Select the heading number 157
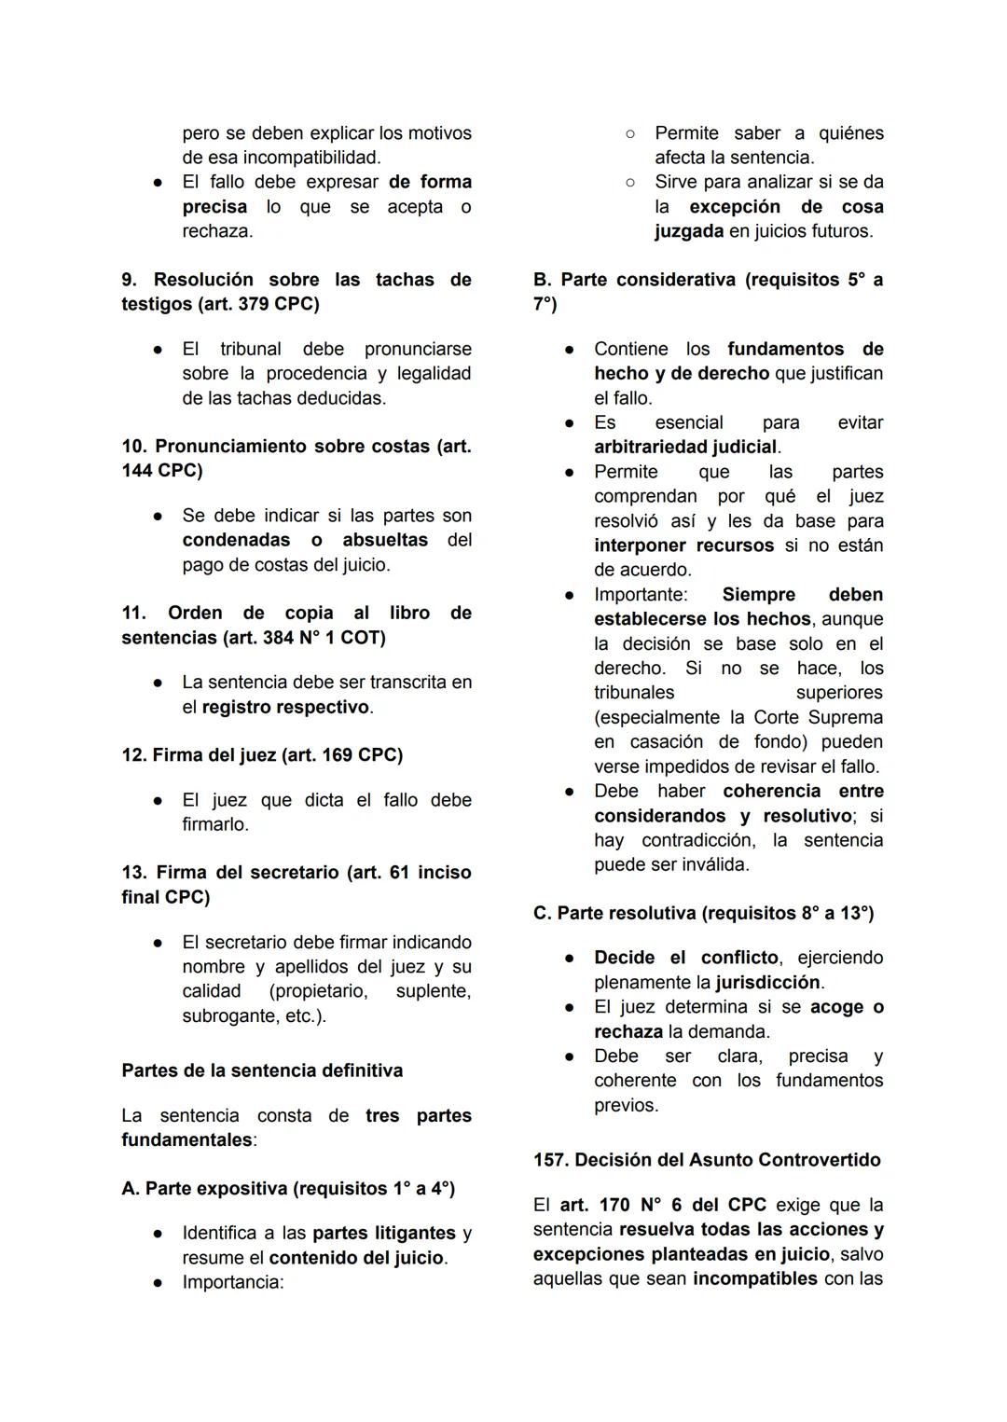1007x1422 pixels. click(x=550, y=1160)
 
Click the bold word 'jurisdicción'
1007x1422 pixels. click(x=768, y=983)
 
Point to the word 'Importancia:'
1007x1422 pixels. click(x=233, y=1282)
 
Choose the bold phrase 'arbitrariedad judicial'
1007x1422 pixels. click(x=685, y=448)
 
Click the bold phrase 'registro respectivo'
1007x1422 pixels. click(x=285, y=707)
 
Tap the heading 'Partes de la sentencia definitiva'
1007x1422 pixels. click(x=262, y=1070)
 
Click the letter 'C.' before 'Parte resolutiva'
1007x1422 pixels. click(x=542, y=913)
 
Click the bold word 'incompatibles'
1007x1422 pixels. click(x=754, y=1279)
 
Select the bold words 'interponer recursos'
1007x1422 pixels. click(x=683, y=545)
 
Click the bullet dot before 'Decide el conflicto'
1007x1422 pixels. click(x=567, y=959)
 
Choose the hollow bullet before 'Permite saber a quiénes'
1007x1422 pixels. click(x=630, y=134)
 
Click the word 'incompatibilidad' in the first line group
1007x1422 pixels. click(x=310, y=158)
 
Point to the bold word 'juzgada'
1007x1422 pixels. click(x=688, y=231)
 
